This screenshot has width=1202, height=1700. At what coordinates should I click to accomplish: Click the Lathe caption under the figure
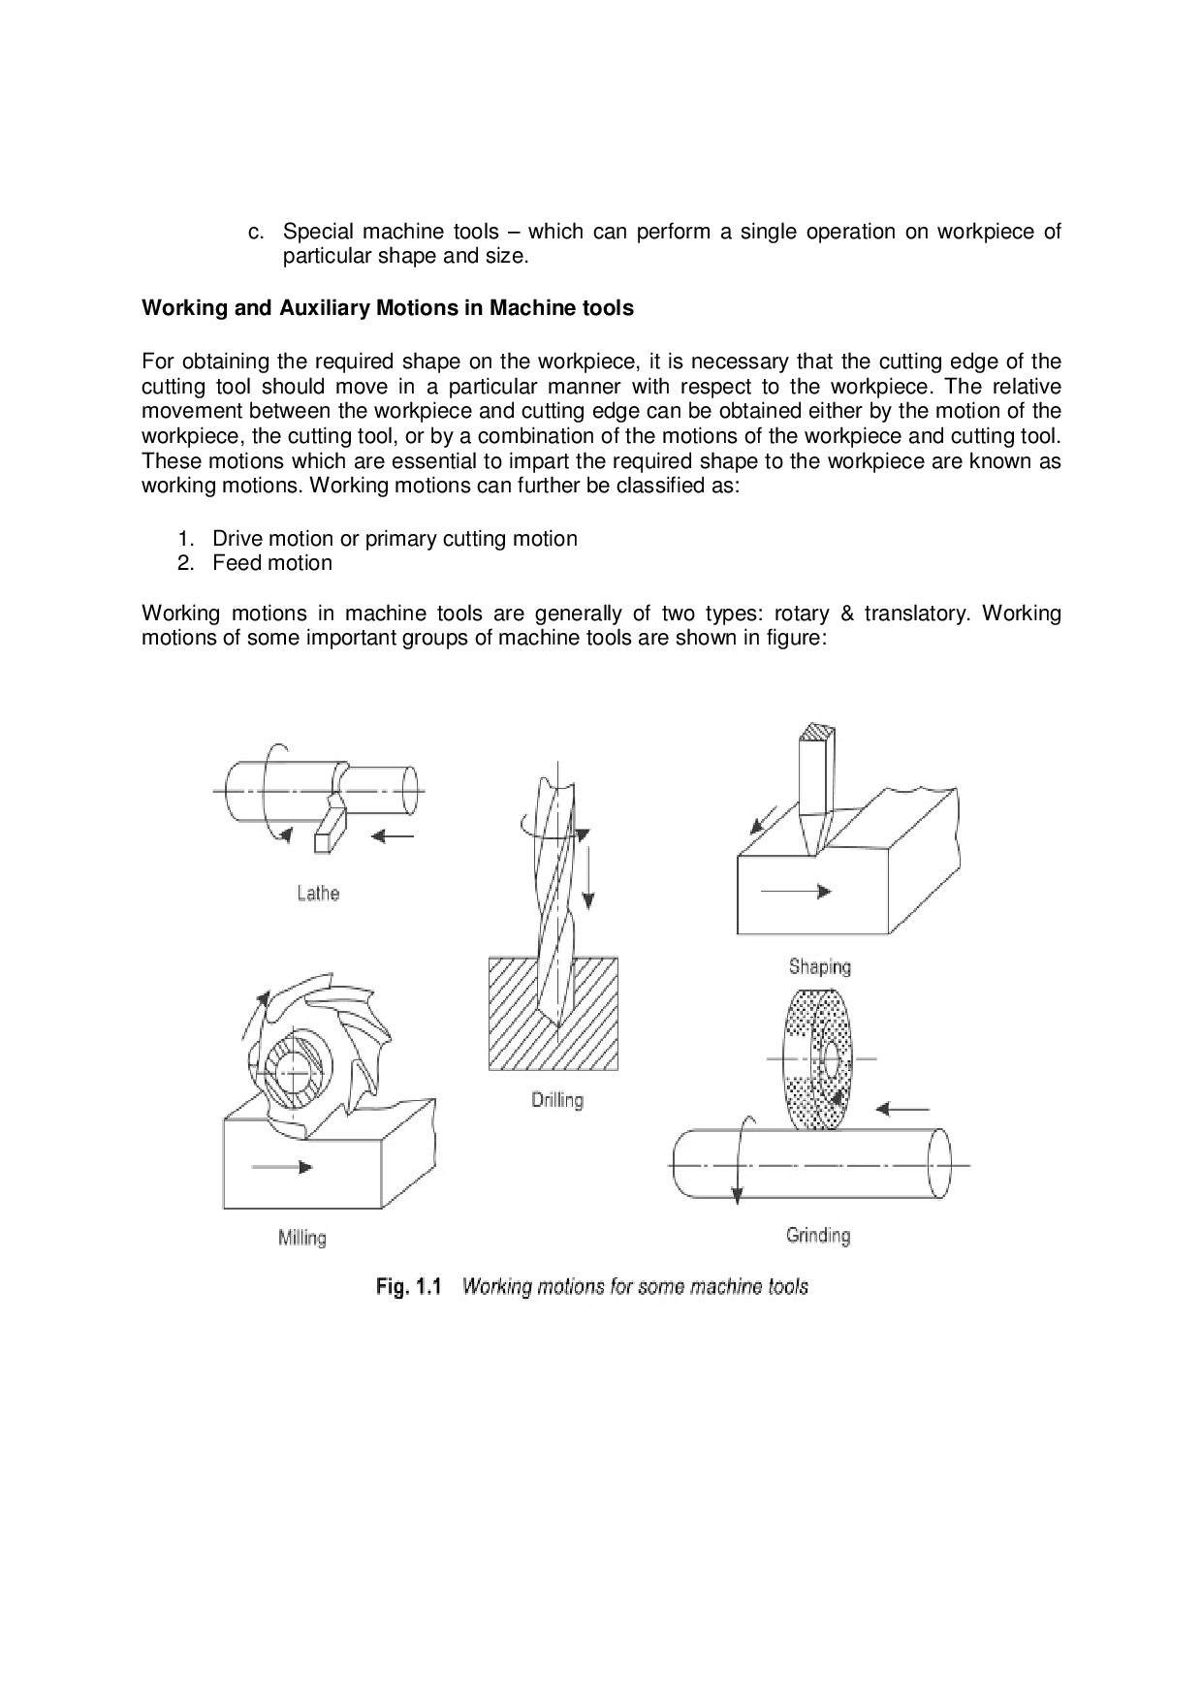pos(318,893)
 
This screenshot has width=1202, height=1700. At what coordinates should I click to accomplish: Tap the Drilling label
pos(557,1100)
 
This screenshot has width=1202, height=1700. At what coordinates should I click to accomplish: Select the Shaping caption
pos(819,965)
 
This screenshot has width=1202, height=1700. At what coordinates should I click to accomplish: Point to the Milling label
pos(301,1238)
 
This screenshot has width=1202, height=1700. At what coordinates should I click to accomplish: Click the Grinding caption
pos(818,1235)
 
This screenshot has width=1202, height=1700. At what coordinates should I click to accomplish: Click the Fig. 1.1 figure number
pos(408,1287)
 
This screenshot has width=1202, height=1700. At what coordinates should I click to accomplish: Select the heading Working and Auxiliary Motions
pos(388,308)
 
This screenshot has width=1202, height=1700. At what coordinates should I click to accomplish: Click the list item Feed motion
pos(272,563)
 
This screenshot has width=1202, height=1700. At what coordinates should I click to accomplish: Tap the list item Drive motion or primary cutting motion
pos(395,539)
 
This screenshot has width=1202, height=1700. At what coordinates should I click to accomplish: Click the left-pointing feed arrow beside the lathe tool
pos(395,835)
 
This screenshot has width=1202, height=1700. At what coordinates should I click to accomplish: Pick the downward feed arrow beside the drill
pos(585,872)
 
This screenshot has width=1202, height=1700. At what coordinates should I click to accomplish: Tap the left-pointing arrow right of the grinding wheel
pos(901,1109)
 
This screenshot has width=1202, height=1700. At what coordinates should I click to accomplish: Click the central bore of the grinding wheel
pos(830,1059)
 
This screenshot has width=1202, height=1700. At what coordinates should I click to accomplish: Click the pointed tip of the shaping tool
pos(812,849)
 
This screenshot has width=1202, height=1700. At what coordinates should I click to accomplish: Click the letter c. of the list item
pos(256,233)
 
